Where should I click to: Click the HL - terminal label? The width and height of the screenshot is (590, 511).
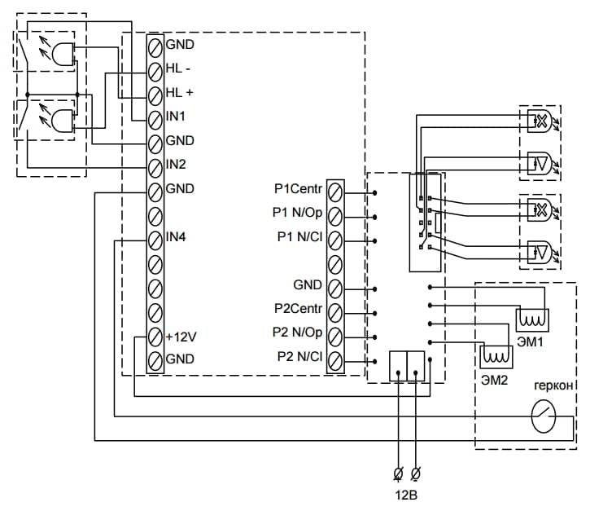[x=177, y=68]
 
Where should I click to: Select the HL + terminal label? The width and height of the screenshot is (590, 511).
[x=178, y=92]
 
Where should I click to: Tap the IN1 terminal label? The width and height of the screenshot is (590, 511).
[x=175, y=117]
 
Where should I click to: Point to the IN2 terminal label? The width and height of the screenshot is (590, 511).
[x=175, y=165]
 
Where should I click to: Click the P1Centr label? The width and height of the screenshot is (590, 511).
[x=298, y=190]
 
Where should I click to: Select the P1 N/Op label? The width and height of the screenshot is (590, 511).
[x=299, y=214]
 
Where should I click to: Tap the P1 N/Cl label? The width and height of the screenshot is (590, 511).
[x=299, y=238]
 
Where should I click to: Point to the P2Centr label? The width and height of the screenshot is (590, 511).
[x=298, y=310]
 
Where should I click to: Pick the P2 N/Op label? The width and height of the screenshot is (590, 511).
[x=299, y=333]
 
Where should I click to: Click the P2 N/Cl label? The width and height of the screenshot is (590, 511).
[x=299, y=357]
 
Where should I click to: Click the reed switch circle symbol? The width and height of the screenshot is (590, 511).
[x=544, y=419]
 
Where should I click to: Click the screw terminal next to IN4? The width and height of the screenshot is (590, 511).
[x=155, y=239]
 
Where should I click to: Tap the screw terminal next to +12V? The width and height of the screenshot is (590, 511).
[x=155, y=336]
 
